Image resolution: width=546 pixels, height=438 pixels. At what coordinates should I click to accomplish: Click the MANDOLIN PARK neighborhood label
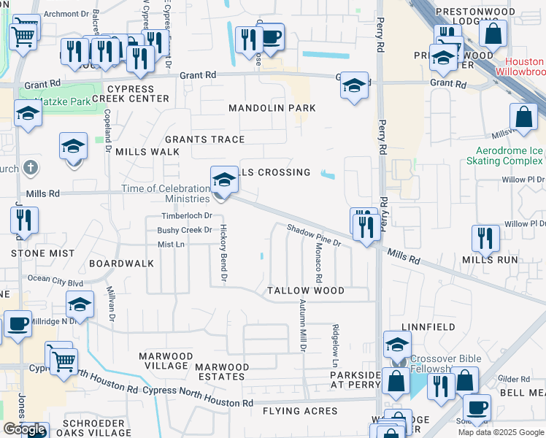point(272,108)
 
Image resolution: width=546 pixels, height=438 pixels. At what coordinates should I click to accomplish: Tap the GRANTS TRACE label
point(204,139)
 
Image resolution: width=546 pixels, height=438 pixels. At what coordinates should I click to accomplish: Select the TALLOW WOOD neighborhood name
point(305,291)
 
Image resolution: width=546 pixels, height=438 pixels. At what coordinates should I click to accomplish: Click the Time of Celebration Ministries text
point(165,193)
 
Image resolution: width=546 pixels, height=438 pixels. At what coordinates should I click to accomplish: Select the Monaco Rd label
point(318,263)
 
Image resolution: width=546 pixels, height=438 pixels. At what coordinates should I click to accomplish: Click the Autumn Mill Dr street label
point(301,329)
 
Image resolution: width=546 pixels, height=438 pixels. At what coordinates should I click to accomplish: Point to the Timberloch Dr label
point(186,216)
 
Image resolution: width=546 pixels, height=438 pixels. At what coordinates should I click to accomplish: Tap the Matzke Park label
point(66,101)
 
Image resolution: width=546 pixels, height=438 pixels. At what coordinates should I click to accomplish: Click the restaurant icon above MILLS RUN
point(485,237)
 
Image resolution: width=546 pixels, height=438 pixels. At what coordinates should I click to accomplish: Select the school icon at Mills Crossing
point(224,179)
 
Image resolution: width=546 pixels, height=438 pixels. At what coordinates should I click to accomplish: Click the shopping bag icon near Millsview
point(523,116)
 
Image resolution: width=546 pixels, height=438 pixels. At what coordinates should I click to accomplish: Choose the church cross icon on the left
point(30,168)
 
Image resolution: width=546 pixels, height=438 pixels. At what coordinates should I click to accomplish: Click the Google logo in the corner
point(24,429)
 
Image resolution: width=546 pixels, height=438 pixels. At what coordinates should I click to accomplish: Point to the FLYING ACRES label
point(300,411)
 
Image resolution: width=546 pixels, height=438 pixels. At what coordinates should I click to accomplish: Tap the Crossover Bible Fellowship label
point(439,364)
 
